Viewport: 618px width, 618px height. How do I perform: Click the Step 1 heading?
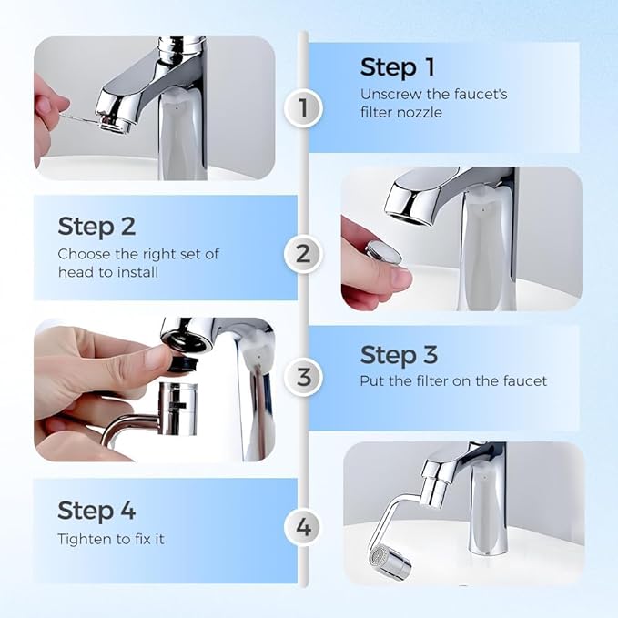[398, 67]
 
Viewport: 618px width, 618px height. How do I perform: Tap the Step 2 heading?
[97, 226]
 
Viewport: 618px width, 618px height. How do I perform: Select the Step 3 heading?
[399, 354]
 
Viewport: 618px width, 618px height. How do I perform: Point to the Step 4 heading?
[97, 510]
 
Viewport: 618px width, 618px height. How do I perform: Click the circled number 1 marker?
[303, 109]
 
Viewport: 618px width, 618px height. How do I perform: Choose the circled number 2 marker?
[303, 254]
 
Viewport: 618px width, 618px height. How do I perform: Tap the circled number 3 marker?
[303, 375]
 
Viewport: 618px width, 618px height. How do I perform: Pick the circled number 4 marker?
[303, 526]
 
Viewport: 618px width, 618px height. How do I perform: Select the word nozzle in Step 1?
[426, 112]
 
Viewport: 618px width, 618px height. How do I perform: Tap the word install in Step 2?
[138, 272]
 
